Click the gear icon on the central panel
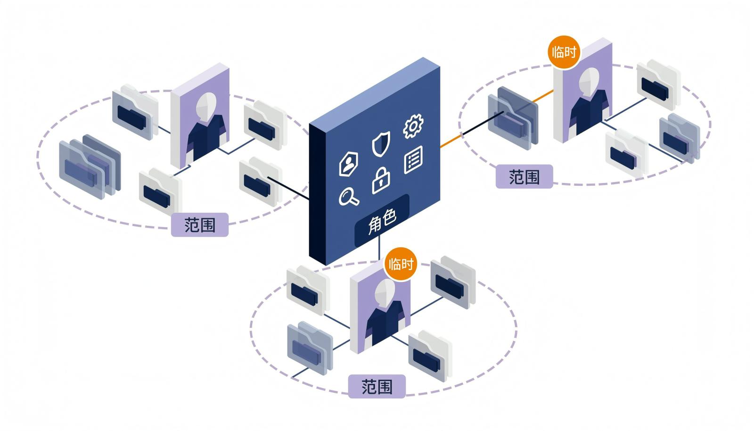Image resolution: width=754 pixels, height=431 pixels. pos(413,126)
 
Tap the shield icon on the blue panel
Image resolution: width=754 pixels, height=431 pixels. pos(381,144)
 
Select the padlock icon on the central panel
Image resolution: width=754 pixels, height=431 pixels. pos(381,181)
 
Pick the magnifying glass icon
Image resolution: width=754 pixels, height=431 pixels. pos(349,197)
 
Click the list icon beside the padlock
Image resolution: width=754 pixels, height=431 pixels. pos(413,159)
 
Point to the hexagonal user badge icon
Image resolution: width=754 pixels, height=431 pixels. pos(348,164)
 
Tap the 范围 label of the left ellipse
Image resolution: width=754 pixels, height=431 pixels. pos(200,224)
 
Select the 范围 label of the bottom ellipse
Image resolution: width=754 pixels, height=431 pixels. pos(377,387)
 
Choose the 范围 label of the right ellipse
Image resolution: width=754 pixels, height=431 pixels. pos(524,176)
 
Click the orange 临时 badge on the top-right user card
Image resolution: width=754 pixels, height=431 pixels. pos(564,52)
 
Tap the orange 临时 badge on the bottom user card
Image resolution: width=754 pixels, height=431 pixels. pos(401,264)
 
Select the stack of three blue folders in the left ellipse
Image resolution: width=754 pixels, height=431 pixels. pos(90,166)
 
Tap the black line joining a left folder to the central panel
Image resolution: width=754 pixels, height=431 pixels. pos(288,188)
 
